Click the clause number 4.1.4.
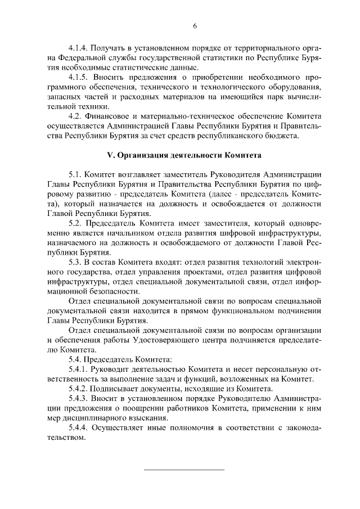(x=78, y=48)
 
